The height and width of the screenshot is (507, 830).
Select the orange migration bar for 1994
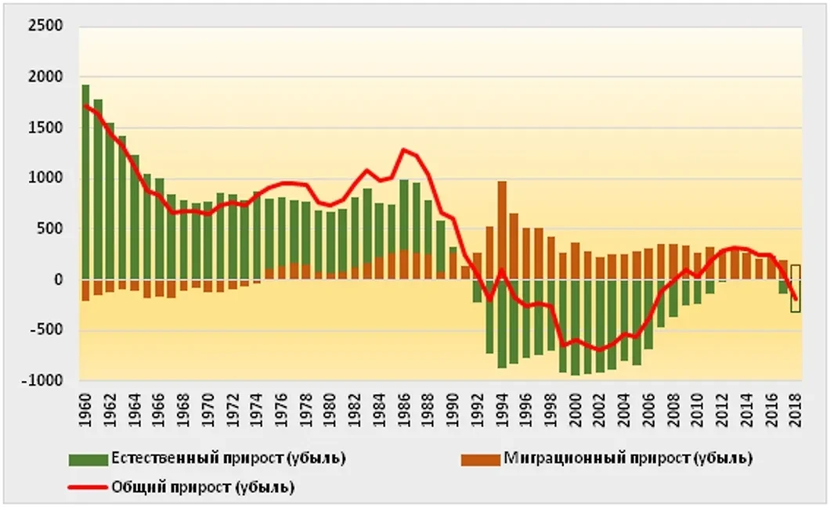(x=502, y=230)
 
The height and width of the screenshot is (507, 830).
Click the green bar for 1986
(x=404, y=215)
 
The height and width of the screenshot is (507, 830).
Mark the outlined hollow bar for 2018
(x=796, y=288)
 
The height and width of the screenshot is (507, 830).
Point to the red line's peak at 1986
(x=404, y=149)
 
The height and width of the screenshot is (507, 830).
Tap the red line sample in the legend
(x=88, y=487)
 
